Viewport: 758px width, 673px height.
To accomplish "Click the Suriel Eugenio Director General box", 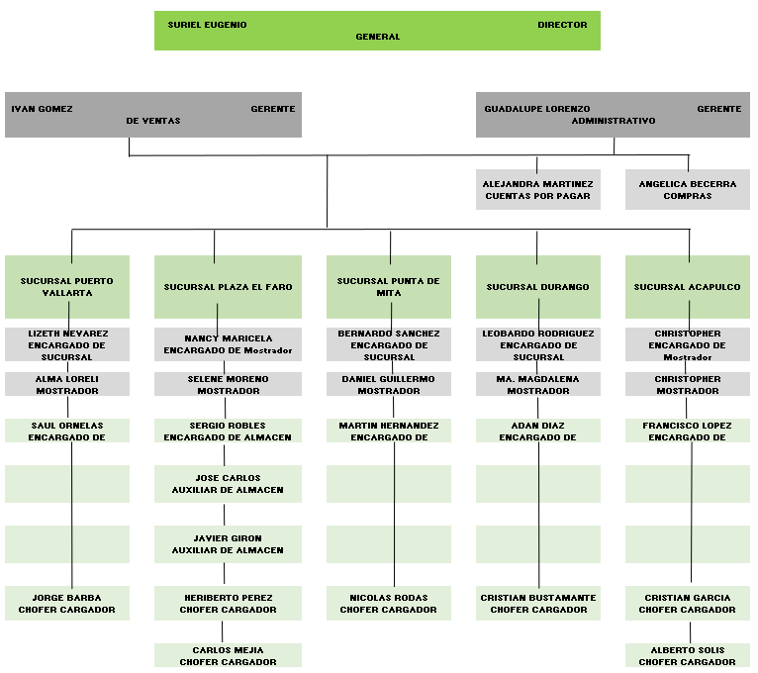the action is tap(377, 31).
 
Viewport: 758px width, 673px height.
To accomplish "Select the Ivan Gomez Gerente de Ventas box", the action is tap(153, 115).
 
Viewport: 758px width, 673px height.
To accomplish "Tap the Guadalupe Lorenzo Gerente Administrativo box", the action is tap(613, 115).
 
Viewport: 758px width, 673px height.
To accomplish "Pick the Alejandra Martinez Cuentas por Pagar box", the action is tap(538, 189).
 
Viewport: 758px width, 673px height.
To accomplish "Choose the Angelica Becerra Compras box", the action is tap(688, 189).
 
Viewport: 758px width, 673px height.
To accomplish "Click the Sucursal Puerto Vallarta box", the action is tap(67, 287).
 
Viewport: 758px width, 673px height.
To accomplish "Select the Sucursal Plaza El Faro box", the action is tap(228, 287).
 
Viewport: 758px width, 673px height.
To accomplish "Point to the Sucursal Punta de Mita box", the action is tap(389, 287).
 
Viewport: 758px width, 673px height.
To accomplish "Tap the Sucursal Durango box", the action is tap(538, 287).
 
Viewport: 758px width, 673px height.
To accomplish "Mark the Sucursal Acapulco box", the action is tap(688, 287).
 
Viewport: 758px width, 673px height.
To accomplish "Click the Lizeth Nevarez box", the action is tap(67, 344).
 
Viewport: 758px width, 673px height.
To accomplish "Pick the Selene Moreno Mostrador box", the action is tap(228, 384).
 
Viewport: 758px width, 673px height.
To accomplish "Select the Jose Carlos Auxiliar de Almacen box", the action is tap(228, 484).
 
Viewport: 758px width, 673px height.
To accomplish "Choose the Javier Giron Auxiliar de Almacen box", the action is tap(228, 544).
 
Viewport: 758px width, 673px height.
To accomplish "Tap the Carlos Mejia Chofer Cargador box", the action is tap(228, 655).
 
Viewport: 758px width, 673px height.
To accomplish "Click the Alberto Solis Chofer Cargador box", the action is tap(688, 655).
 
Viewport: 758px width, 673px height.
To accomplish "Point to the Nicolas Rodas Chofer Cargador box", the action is tap(389, 604).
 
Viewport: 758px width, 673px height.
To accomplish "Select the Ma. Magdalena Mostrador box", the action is tap(538, 384).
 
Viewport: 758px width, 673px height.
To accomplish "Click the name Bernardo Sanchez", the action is tap(389, 334).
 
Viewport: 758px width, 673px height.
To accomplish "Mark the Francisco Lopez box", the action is tap(688, 431).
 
